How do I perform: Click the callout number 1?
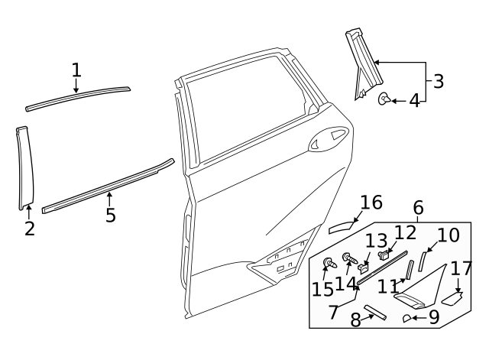tap(76, 70)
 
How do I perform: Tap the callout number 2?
tap(29, 228)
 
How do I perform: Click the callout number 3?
tap(437, 81)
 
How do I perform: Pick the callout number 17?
tap(461, 268)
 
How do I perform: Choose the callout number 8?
tap(355, 319)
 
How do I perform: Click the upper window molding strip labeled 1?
tap(76, 97)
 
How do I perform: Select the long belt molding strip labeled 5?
tap(107, 186)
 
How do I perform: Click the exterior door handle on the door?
tap(326, 138)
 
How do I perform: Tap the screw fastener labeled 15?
tap(329, 263)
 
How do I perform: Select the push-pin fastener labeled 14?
tap(348, 258)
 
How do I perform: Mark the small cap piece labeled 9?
tap(407, 318)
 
